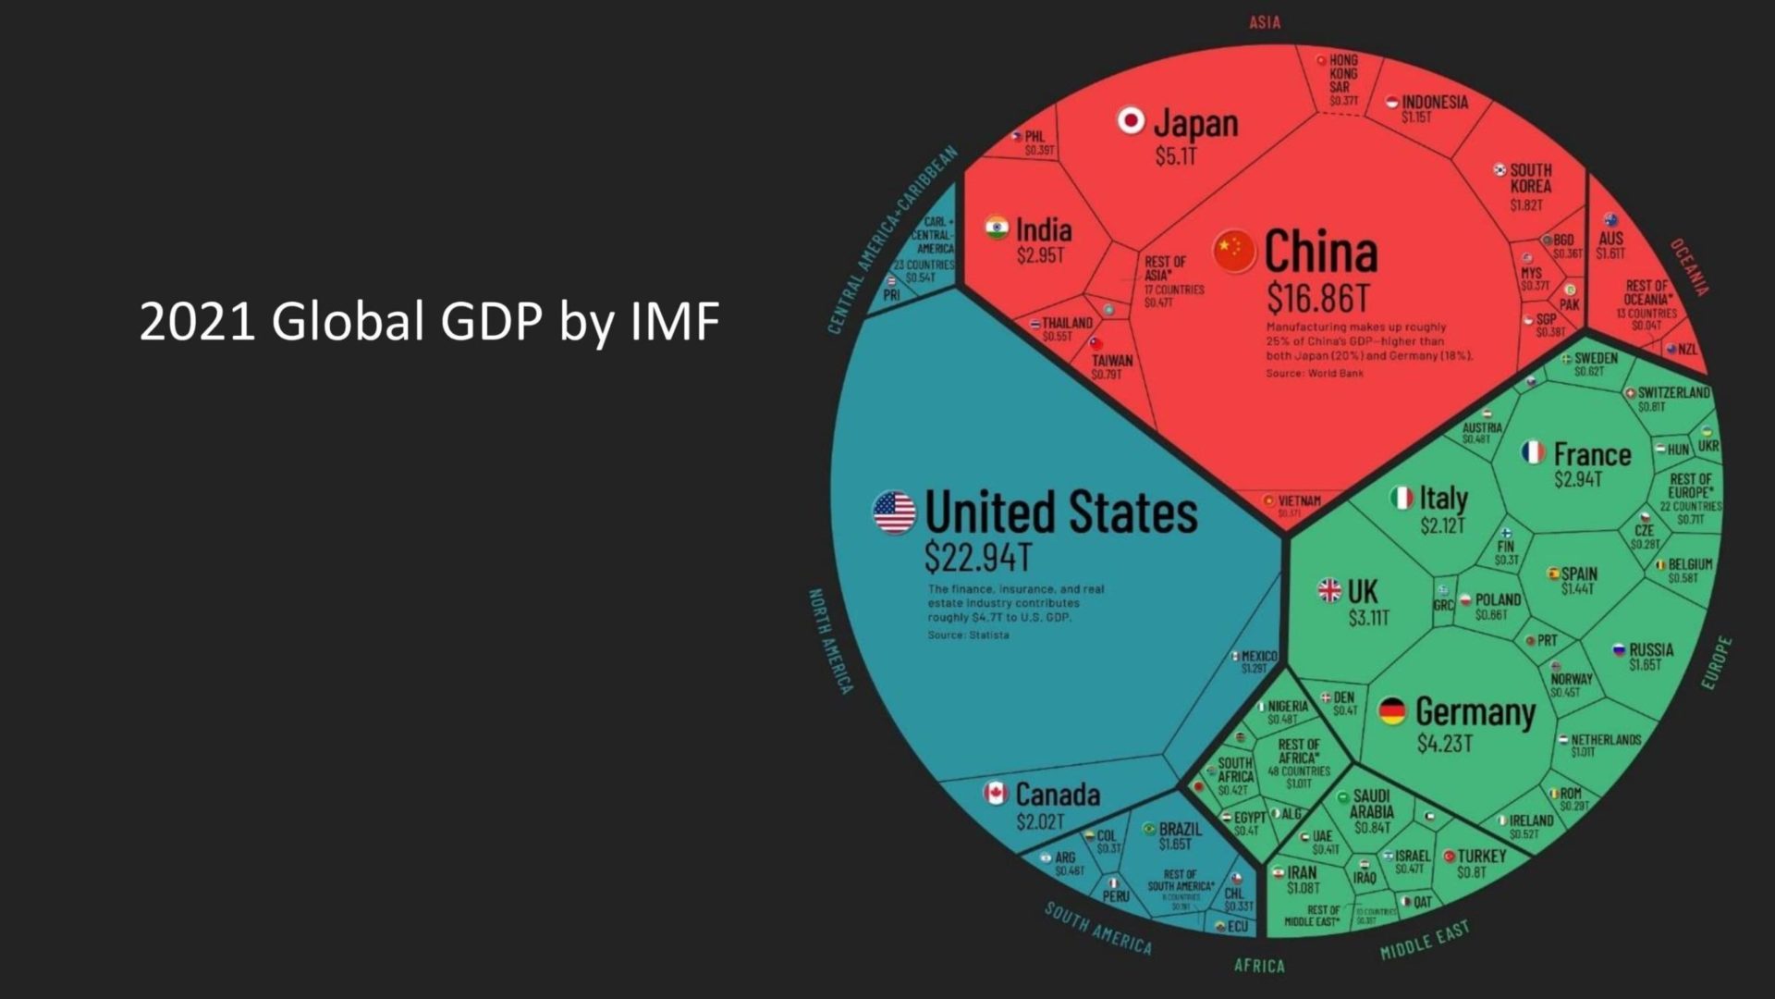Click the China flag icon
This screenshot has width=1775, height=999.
point(1234,251)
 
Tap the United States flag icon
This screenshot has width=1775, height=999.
point(894,512)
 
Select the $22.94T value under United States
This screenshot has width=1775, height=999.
point(977,558)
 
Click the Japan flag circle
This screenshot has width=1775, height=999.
point(1131,120)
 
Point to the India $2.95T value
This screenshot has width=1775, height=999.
point(1040,255)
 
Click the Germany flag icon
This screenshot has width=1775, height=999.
point(1391,711)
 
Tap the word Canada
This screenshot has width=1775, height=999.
point(1058,795)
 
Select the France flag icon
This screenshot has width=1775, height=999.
point(1533,452)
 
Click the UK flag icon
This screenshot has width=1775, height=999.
point(1329,590)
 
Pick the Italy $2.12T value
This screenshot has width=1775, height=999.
point(1442,526)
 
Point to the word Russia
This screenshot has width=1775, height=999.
point(1651,649)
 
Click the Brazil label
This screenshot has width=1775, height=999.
point(1181,829)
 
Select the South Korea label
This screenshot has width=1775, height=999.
point(1531,178)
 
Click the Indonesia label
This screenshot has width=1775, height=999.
point(1434,102)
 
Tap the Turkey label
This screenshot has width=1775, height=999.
point(1481,857)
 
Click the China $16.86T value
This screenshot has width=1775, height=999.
point(1317,299)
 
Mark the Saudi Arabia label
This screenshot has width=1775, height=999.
point(1371,804)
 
